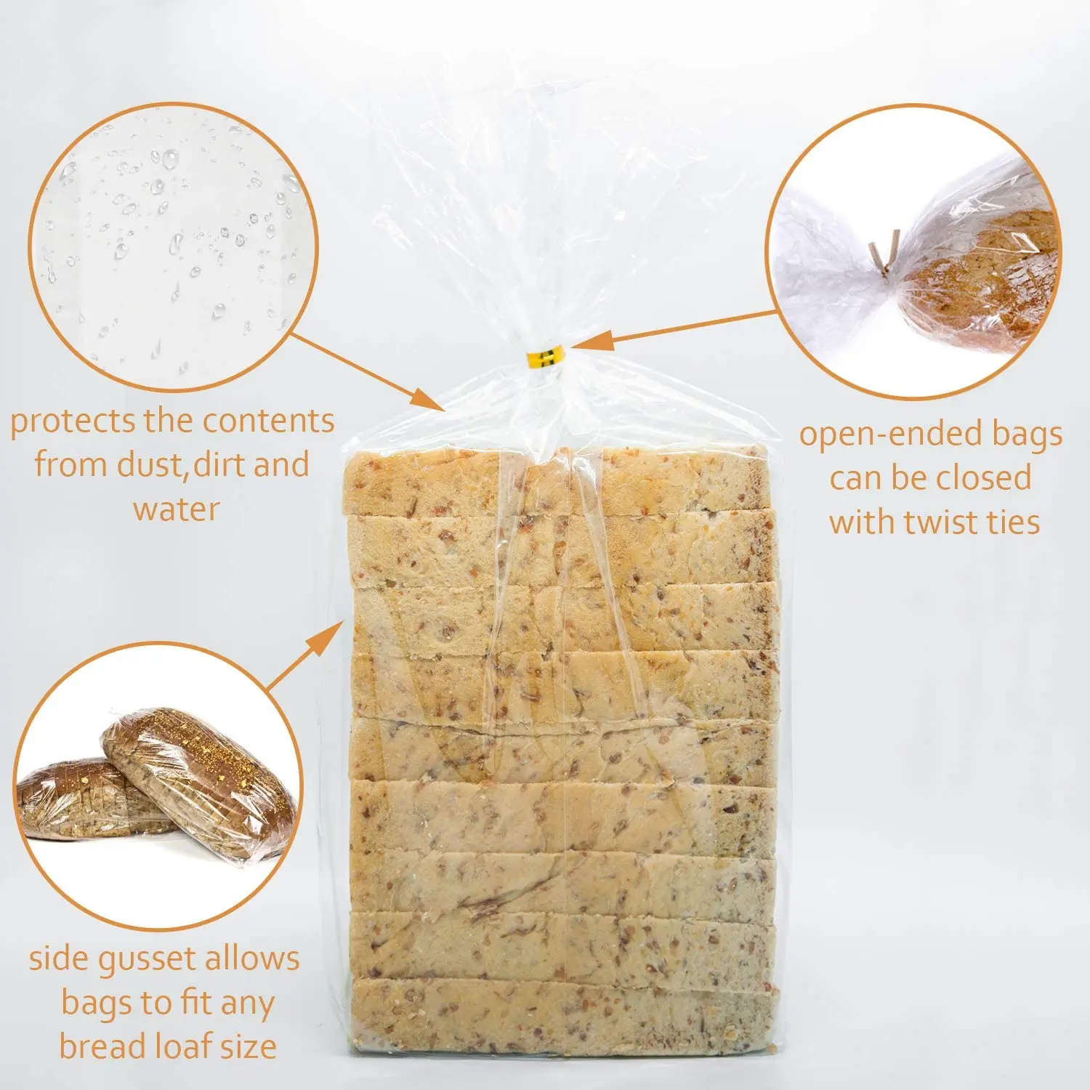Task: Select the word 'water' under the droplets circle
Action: point(176,509)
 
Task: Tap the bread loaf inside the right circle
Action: point(981,283)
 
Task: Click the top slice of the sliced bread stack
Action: point(560,480)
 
